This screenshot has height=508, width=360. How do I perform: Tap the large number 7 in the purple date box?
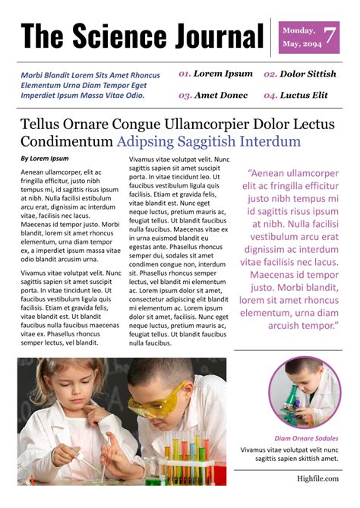[329, 36]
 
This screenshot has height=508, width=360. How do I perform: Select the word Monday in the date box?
[298, 30]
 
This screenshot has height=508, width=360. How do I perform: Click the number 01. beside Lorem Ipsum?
[184, 74]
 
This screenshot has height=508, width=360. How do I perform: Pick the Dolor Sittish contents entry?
[308, 74]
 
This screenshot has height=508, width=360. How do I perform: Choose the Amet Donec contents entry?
[221, 96]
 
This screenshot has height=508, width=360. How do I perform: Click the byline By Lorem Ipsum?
[44, 159]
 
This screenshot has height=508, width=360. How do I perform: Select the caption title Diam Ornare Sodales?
[306, 439]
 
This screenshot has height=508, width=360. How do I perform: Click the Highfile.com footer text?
[317, 479]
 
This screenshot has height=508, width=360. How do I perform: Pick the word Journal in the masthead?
[214, 36]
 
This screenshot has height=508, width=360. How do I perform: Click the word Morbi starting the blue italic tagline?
[32, 75]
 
